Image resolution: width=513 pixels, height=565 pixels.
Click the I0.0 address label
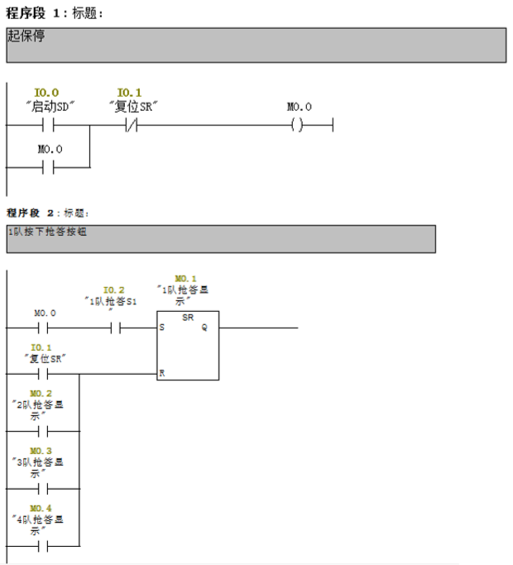tap(46, 93)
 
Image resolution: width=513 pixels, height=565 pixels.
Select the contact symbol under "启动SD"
tap(48, 126)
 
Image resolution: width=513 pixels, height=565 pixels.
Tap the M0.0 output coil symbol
tap(299, 126)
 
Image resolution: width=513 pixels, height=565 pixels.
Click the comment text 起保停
tap(26, 36)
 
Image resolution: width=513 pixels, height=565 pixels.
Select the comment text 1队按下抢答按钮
tap(47, 232)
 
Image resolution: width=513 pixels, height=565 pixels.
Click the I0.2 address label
tap(114, 290)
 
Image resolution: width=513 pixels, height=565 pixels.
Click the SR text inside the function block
tap(188, 317)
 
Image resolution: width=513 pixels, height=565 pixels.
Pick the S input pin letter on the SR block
tap(161, 328)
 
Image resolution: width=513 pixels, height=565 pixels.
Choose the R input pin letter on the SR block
tap(161, 373)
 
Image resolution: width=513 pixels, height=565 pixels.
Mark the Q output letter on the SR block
tap(204, 328)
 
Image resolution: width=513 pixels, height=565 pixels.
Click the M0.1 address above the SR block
tap(186, 279)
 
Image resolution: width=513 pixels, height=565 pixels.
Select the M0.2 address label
tap(41, 393)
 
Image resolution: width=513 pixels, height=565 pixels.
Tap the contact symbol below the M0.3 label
tap(42, 489)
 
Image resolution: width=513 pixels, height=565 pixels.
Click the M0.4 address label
tap(41, 508)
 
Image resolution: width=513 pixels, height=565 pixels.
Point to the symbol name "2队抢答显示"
tap(41, 410)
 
